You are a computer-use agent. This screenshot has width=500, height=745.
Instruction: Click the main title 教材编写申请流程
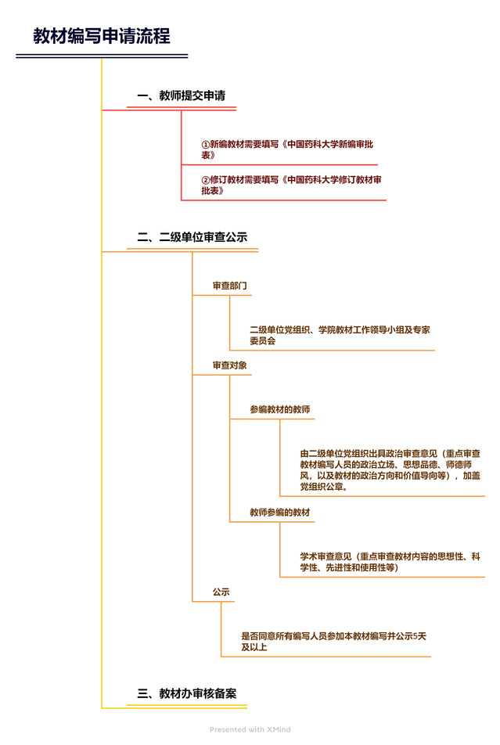tap(101, 36)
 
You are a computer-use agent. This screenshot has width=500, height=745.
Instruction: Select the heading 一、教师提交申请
tap(181, 95)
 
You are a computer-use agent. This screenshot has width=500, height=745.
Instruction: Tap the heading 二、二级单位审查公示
tap(192, 236)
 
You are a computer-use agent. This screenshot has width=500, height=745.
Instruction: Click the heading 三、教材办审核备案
tap(187, 693)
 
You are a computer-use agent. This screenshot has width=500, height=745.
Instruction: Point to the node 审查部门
tap(229, 286)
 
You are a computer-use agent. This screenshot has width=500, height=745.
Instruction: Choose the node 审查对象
tap(229, 365)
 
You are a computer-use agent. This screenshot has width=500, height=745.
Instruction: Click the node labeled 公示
tap(221, 592)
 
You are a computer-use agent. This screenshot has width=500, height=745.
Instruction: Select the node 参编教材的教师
tap(280, 409)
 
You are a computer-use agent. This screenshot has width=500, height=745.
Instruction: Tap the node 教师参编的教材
tap(280, 512)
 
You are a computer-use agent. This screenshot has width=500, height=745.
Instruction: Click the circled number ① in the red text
tap(205, 144)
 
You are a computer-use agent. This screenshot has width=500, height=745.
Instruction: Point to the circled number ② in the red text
tap(205, 180)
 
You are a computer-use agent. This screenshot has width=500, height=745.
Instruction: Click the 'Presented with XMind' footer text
tap(250, 729)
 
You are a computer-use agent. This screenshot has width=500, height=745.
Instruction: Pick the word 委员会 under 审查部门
tap(263, 340)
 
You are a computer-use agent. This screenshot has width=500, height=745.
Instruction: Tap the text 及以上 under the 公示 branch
tap(254, 646)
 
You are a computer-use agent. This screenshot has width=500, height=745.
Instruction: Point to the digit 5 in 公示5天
tap(415, 635)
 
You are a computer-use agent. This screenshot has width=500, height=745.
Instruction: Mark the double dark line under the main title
tap(102, 56)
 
